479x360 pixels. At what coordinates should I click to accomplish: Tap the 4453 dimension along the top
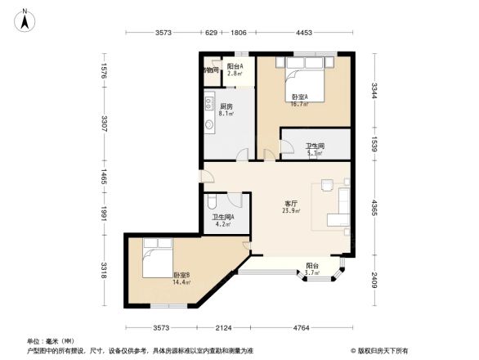[304, 33]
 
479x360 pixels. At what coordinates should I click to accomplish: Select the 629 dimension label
[211, 33]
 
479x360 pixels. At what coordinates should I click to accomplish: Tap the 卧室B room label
[181, 275]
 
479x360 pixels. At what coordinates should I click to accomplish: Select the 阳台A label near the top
[235, 66]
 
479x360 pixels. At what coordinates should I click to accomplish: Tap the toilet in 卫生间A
[211, 200]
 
